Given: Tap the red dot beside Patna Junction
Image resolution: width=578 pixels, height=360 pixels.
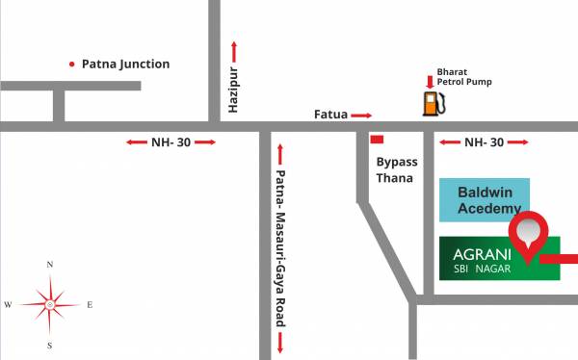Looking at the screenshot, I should [71, 64].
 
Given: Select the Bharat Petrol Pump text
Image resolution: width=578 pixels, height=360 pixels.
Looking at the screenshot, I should [464, 76].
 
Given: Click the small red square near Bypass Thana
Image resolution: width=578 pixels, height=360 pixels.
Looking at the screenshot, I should [377, 141].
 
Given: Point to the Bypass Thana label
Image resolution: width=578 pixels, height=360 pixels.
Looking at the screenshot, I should [395, 169].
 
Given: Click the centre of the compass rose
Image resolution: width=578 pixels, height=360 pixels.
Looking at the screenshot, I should [50, 303].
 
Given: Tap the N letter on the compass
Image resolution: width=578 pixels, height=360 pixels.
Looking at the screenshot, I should [50, 263].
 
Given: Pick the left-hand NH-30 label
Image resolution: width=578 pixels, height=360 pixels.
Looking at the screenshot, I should [171, 142].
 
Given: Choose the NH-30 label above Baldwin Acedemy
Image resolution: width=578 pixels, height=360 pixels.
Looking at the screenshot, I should [484, 142].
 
